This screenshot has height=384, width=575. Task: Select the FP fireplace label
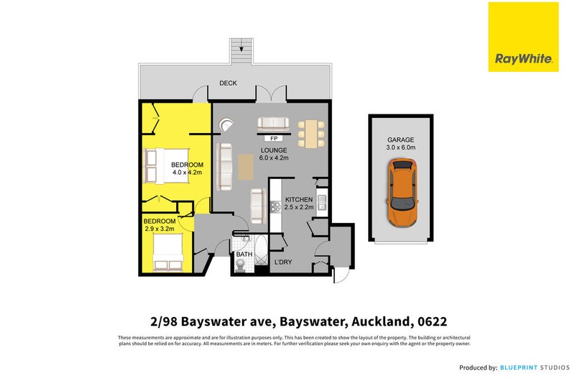272,138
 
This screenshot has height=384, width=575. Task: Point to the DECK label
228,84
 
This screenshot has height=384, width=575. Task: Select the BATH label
244,254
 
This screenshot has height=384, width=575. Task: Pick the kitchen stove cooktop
274,206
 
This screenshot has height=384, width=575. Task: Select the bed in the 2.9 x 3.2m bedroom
171,252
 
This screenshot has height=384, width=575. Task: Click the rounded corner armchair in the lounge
226,127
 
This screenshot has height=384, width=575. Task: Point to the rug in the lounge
247,168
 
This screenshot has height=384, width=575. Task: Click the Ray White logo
523,37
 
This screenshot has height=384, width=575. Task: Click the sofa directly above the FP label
272,123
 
